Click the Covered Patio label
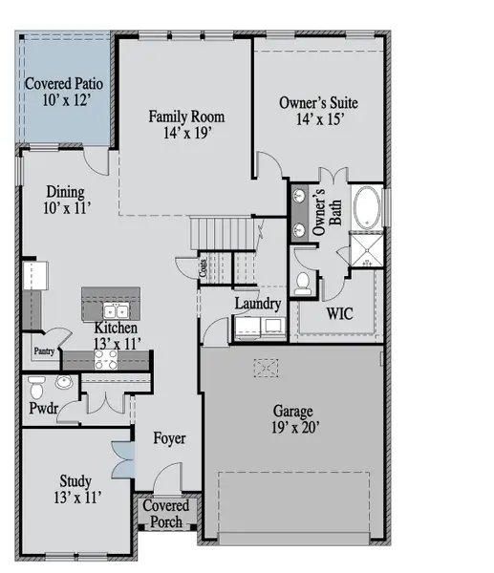pos(65,91)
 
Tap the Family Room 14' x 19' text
pos(186,125)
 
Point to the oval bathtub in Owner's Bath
pos(367,207)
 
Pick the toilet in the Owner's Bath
pos(303,281)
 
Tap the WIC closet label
pos(338,312)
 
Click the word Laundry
pos(258,305)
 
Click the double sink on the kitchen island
pos(116,310)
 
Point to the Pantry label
pos(44,351)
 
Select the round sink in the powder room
pos(63,384)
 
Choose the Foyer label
pos(169,438)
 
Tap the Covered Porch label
pos(167,513)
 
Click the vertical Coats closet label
pos(203,268)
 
